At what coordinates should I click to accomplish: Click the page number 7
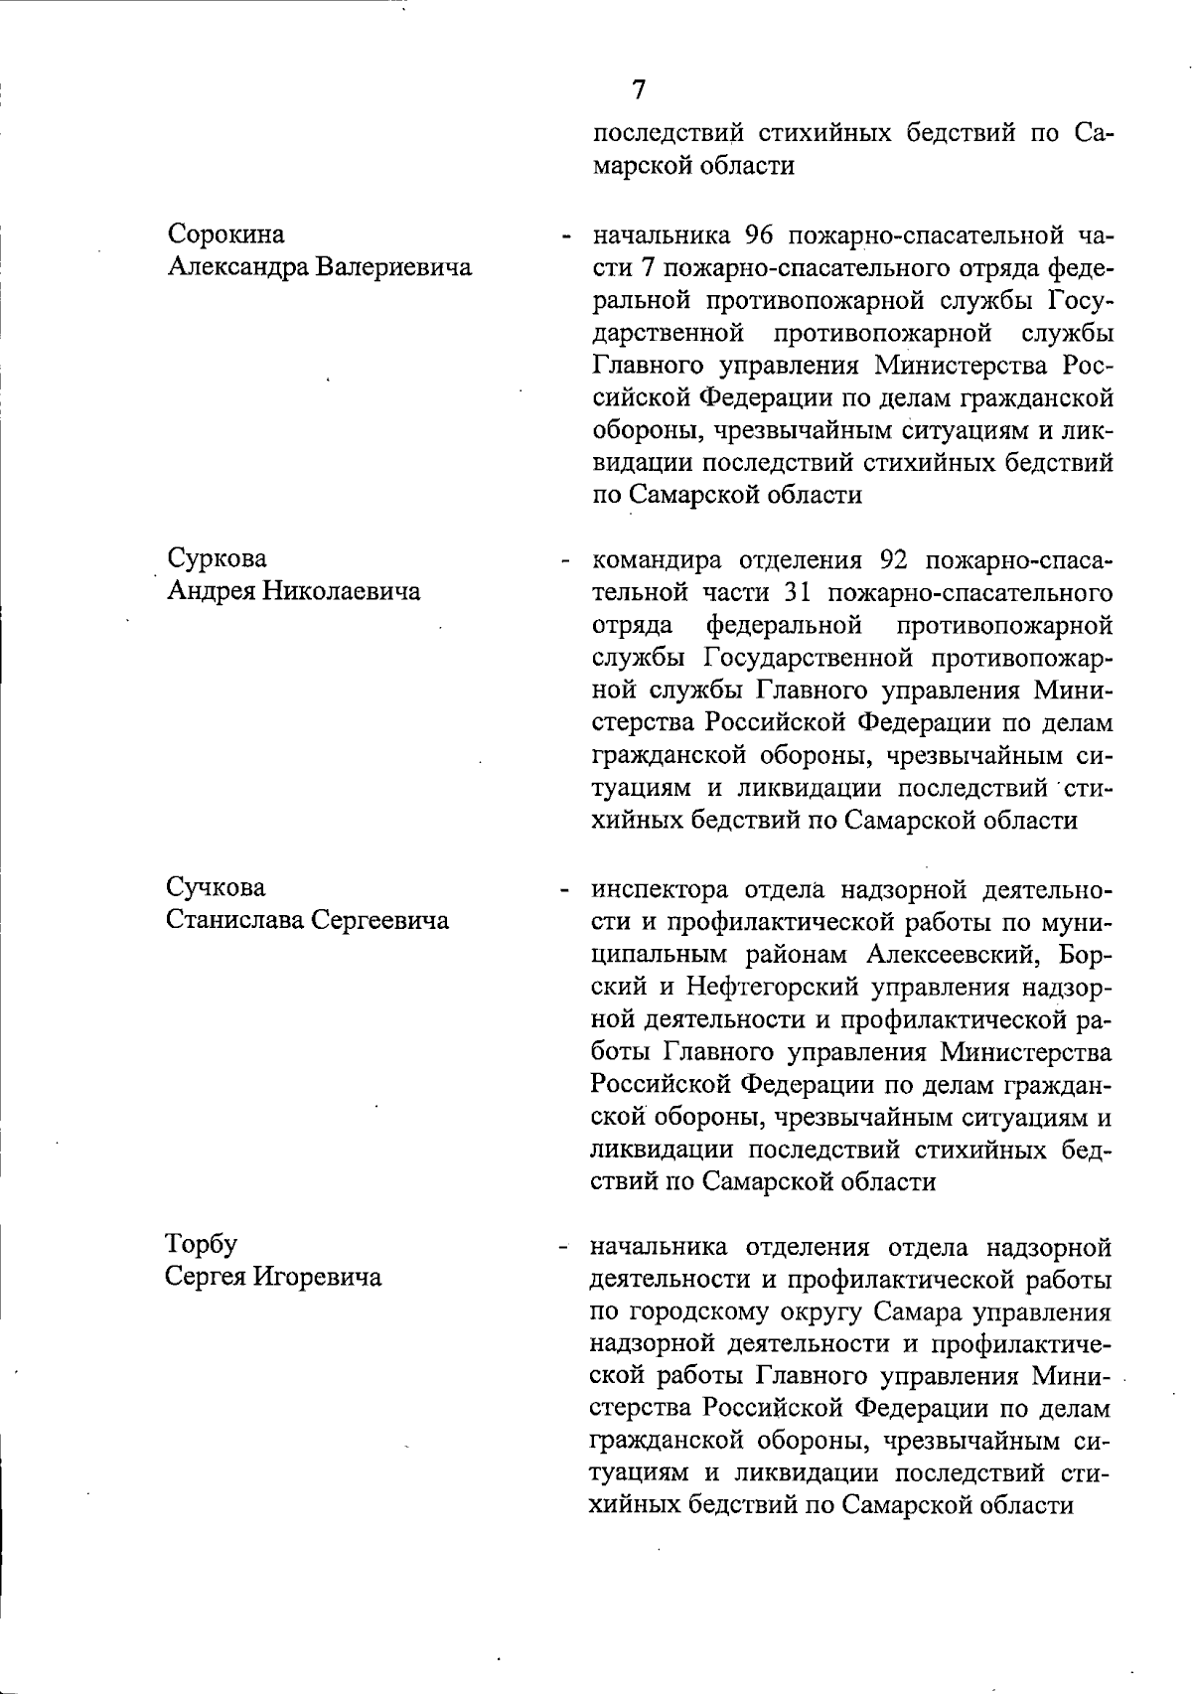pyautogui.click(x=639, y=89)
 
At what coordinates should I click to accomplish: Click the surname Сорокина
pyautogui.click(x=225, y=234)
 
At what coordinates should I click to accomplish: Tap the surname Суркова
pyautogui.click(x=217, y=558)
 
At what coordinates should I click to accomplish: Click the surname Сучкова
pyautogui.click(x=216, y=886)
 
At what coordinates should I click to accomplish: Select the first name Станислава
pyautogui.click(x=234, y=919)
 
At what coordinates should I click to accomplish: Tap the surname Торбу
pyautogui.click(x=202, y=1244)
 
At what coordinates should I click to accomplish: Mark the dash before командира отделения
pyautogui.click(x=564, y=561)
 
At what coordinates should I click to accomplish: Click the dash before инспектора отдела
pyautogui.click(x=564, y=889)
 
